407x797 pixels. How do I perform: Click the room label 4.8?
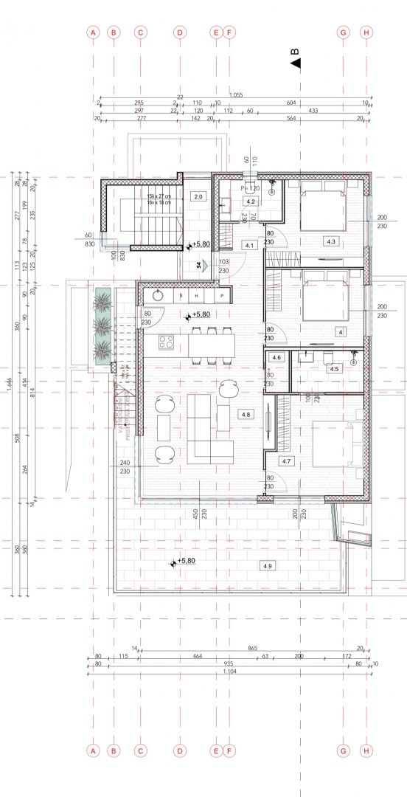[246, 415]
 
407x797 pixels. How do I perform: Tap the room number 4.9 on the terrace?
[267, 565]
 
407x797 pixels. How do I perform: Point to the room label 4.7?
[287, 460]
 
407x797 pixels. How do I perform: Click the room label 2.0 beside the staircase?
[198, 196]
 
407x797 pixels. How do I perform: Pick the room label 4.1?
[249, 245]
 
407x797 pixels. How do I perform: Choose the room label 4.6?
[276, 357]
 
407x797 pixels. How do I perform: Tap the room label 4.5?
[334, 368]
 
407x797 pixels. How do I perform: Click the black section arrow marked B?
[296, 63]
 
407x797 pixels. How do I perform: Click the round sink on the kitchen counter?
[156, 295]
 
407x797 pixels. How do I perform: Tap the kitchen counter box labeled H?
[197, 295]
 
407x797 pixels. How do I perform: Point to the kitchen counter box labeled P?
[221, 295]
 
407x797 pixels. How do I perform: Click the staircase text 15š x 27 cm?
[159, 196]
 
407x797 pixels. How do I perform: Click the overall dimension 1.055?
[236, 95]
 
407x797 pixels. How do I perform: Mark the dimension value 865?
[253, 647]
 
